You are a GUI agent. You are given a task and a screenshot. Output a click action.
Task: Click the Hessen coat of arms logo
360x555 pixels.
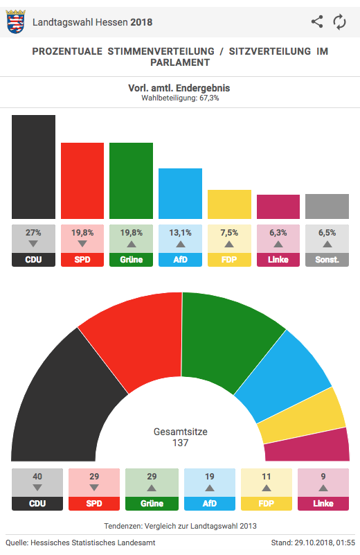(x=15, y=22)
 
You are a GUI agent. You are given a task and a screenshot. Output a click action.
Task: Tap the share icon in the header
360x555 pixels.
(x=317, y=21)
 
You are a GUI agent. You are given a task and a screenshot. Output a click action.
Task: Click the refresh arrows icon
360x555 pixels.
(x=339, y=22)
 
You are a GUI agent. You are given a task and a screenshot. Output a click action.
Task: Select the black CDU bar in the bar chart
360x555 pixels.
(x=34, y=167)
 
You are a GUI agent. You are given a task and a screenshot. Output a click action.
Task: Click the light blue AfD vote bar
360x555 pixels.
(x=181, y=193)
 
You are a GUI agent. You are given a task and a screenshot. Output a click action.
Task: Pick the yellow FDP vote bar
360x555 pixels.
(x=230, y=204)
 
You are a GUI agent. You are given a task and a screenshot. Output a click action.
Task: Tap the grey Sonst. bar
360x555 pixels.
(x=327, y=206)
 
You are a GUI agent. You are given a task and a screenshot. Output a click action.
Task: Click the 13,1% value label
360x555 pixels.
(x=181, y=233)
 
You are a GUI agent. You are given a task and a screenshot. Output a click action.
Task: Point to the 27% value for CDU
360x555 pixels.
(x=33, y=233)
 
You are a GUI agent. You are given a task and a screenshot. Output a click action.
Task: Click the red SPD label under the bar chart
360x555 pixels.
(x=82, y=259)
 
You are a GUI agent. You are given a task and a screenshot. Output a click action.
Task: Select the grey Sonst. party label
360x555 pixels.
(x=327, y=259)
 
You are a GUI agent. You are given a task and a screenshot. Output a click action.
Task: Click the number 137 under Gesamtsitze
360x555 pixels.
(x=181, y=443)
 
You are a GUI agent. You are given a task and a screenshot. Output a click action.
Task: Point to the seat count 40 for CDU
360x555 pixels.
(x=37, y=477)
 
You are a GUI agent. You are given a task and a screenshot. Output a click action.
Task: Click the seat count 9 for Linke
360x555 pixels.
(x=323, y=477)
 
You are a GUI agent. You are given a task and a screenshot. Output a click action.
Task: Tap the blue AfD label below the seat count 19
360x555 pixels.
(x=210, y=503)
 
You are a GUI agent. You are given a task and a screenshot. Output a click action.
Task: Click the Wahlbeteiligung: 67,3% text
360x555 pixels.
(x=181, y=98)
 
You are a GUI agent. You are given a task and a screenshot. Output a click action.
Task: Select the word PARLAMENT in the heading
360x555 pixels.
(x=181, y=62)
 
